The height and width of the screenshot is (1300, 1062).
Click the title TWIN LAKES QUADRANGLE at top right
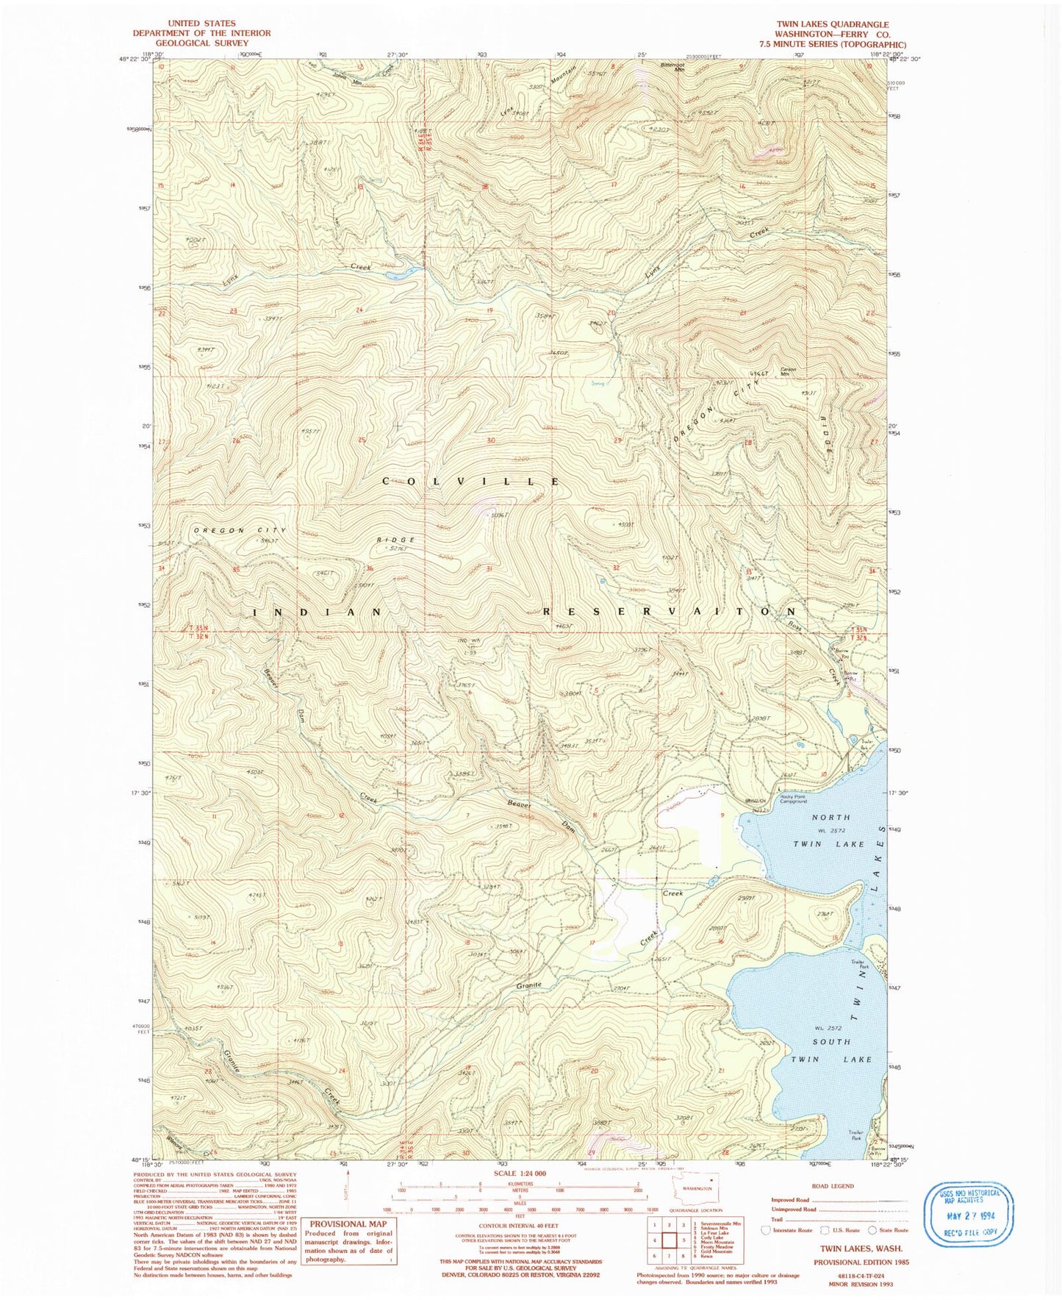[832, 24]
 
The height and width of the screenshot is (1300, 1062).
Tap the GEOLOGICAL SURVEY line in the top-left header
[201, 43]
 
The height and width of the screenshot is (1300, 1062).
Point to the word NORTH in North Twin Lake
[830, 817]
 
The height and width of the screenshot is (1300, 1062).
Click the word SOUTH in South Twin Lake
[831, 1042]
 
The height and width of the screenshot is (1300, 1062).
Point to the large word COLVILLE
[470, 482]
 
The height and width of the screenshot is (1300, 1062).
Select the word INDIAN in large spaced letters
[317, 612]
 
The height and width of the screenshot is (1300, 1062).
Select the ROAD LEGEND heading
[832, 1186]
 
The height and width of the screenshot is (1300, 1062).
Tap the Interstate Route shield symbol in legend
[766, 1229]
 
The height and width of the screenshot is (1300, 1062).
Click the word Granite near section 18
[528, 985]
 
